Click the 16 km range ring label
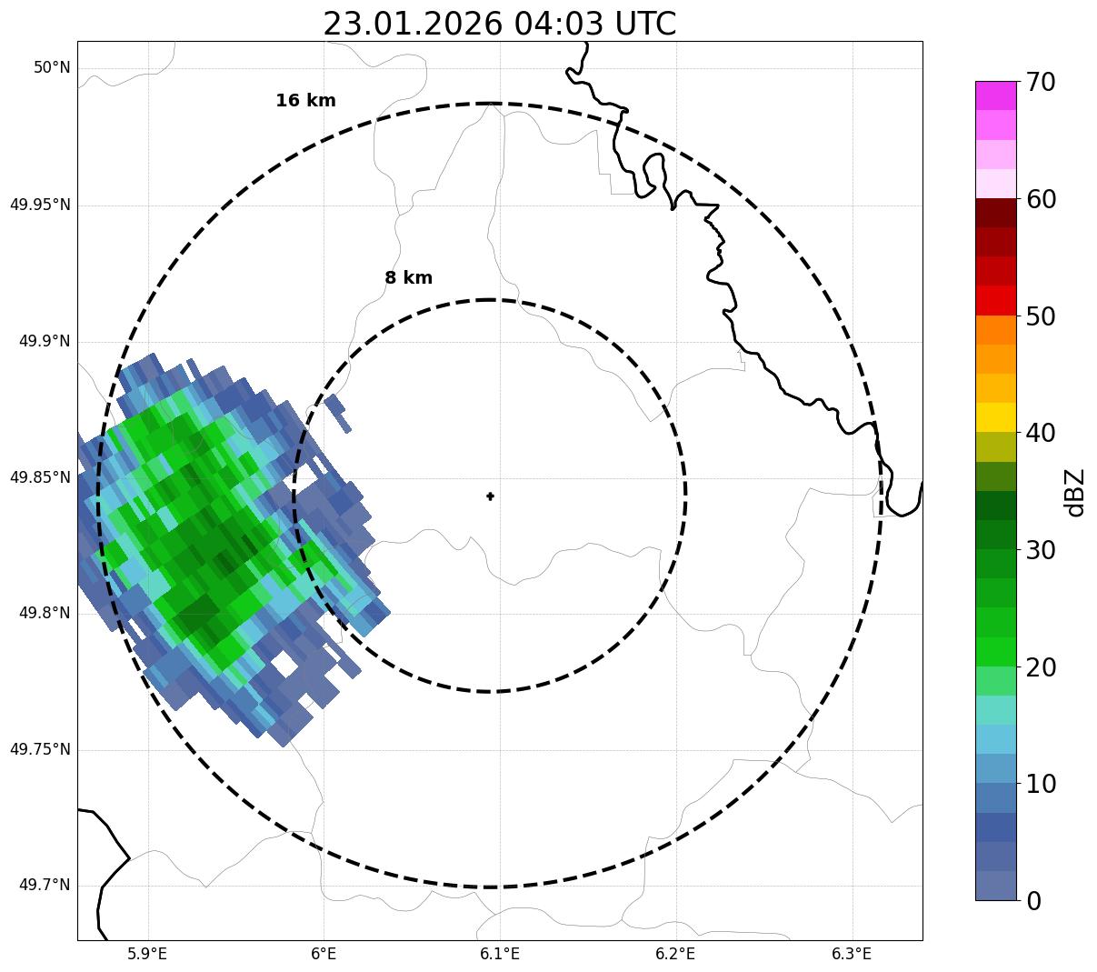tap(305, 101)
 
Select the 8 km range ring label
tap(408, 278)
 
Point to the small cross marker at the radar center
tap(491, 496)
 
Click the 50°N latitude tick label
tap(52, 68)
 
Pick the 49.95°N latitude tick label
tap(40, 205)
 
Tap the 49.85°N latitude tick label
tap(40, 477)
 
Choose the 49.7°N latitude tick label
tap(45, 886)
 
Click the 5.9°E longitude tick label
tap(147, 954)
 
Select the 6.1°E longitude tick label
tap(500, 954)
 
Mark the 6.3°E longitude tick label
tap(852, 954)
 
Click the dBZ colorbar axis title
tap(1076, 492)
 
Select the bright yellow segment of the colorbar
tap(995, 417)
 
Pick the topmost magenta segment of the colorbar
tap(995, 95)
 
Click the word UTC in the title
tap(645, 24)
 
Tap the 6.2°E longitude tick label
tap(675, 954)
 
